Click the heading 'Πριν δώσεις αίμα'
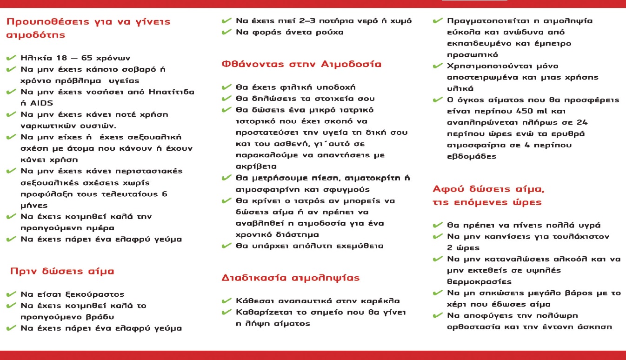point(62,272)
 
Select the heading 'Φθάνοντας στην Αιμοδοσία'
point(301,64)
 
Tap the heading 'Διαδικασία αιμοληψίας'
point(291,279)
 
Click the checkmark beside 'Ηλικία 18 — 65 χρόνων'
point(11,58)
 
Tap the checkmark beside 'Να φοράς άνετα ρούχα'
point(226,32)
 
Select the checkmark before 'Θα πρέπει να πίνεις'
point(437,225)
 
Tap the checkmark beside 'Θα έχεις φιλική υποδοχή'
point(226,87)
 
